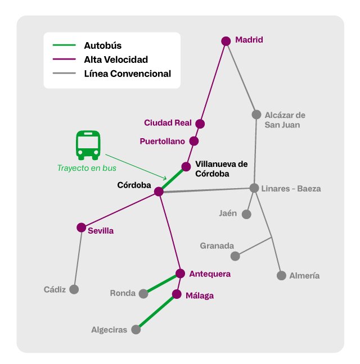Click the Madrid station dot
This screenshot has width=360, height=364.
coord(226,41)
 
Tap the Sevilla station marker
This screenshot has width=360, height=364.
coord(82,228)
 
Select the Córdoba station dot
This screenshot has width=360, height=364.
coord(159,192)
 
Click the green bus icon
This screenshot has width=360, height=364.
coord(88,144)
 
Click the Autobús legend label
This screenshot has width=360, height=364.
coord(102,45)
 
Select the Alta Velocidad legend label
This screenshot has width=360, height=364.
coord(116,59)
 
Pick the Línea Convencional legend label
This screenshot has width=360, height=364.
coord(127,74)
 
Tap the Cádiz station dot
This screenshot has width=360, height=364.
coord(74,289)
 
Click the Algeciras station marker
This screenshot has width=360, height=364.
coord(136,330)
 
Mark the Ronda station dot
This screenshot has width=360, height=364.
coord(143,293)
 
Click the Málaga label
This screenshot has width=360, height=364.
coord(200,295)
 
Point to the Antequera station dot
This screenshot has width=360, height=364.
coord(180,274)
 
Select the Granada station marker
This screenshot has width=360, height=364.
coord(235,256)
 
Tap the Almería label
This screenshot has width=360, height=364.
coord(304,276)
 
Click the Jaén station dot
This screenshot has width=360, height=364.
coord(246,214)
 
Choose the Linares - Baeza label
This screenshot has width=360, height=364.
coord(291,189)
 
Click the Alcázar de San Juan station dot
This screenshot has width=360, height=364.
coord(256,115)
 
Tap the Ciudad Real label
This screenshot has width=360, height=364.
coord(168,122)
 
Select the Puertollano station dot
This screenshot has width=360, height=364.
coord(194,141)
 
